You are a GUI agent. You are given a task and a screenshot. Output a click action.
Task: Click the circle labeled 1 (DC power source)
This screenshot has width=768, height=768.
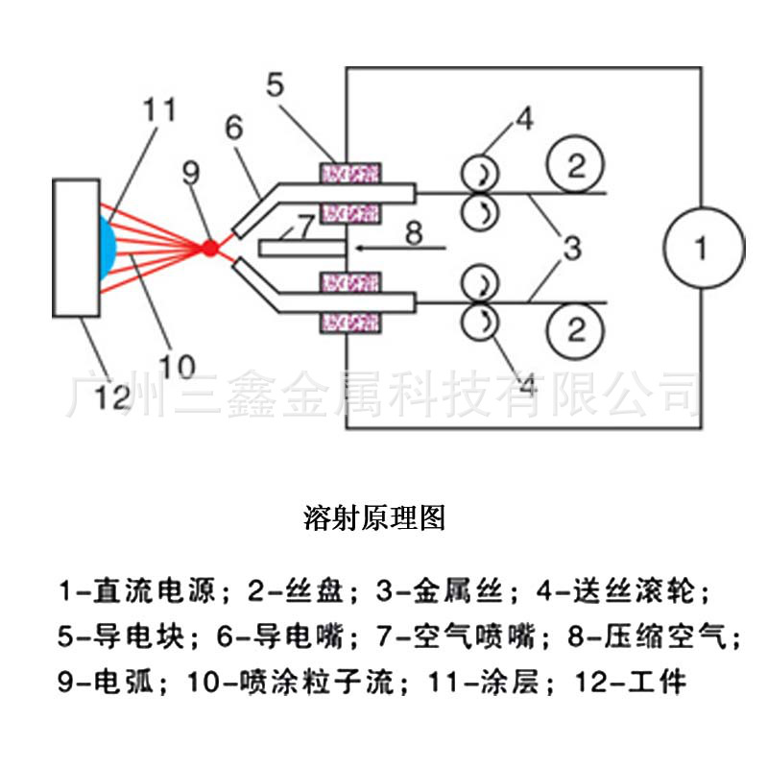click(701, 249)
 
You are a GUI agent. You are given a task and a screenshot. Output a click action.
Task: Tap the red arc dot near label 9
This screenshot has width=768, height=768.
click(209, 248)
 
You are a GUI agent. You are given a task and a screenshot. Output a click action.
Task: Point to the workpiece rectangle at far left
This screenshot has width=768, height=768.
click(77, 247)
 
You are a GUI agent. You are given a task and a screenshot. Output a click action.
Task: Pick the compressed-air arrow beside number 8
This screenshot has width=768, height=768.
click(398, 248)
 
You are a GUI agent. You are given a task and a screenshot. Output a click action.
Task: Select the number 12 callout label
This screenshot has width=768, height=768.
click(110, 396)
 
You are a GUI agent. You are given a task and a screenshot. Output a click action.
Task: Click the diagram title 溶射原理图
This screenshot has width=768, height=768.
click(374, 518)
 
